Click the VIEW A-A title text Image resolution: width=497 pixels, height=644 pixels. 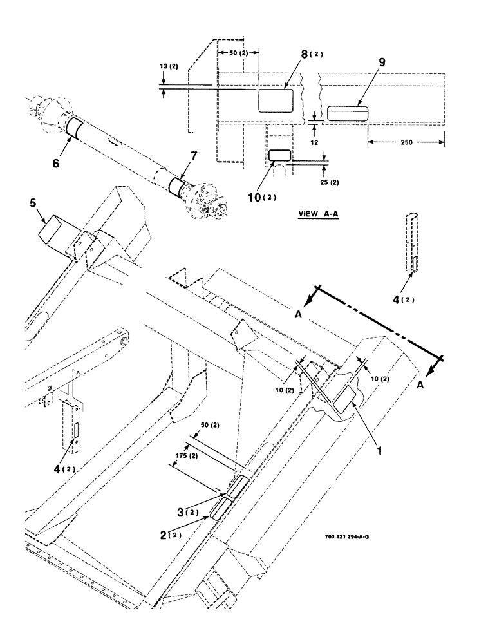click(x=318, y=215)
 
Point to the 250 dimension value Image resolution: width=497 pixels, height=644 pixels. click(x=406, y=142)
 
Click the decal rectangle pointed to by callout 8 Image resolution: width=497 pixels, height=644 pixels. click(x=276, y=101)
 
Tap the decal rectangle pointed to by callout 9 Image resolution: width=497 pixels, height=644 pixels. click(x=346, y=113)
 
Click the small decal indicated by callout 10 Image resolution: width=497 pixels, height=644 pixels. click(x=279, y=155)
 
